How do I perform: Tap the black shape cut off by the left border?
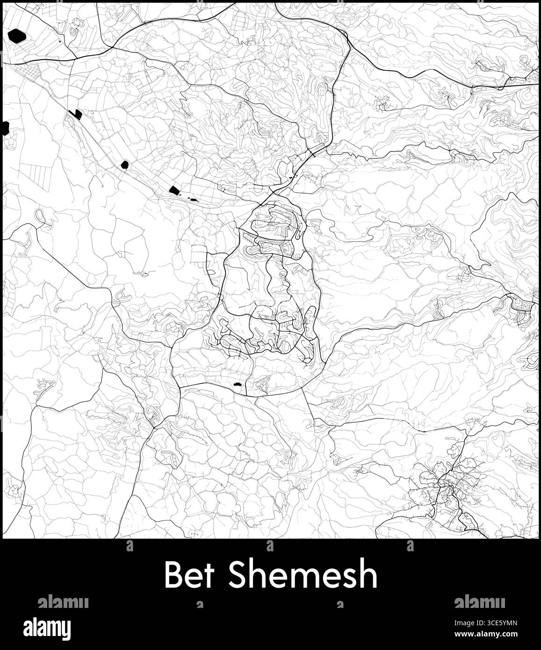coord(6,127)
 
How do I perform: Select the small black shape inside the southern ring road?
coord(237,384)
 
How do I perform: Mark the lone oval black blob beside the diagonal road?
coord(124,165)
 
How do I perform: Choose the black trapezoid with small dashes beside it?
coord(174,190)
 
